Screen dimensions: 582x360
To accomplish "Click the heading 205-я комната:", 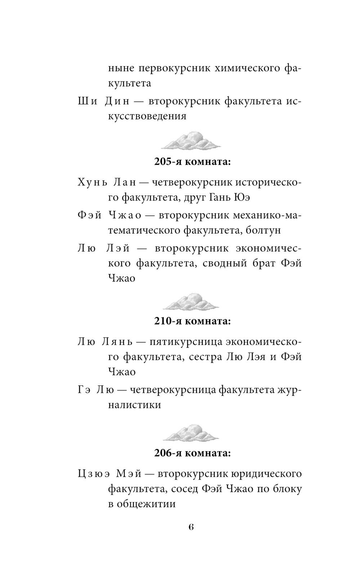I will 192,162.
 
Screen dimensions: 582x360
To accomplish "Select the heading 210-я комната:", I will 192,321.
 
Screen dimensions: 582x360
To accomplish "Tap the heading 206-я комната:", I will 192,453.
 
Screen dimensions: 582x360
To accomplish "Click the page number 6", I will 191,527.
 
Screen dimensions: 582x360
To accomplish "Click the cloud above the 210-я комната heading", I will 190,301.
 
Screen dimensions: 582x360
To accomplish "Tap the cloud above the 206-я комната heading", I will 190,433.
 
